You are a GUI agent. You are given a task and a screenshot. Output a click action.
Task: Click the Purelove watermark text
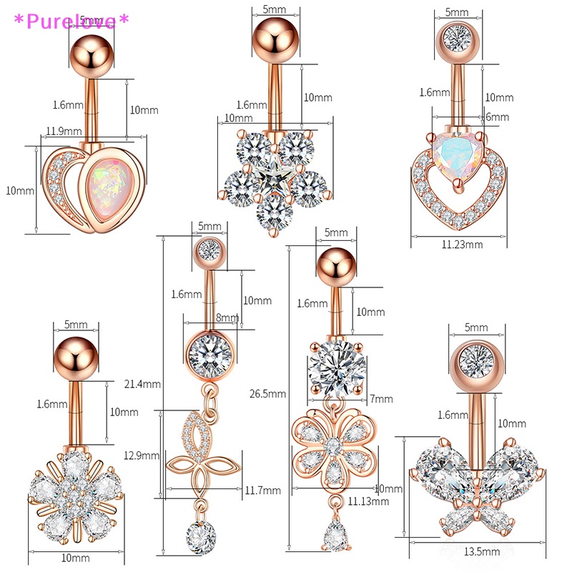[71, 20]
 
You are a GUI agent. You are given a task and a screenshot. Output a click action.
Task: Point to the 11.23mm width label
[463, 244]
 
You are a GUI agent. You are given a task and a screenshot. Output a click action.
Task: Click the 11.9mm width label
[62, 130]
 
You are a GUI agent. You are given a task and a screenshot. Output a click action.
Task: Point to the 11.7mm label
[262, 490]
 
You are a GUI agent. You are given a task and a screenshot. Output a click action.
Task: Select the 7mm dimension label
[382, 399]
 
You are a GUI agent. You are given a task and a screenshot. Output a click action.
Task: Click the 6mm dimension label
[497, 117]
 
